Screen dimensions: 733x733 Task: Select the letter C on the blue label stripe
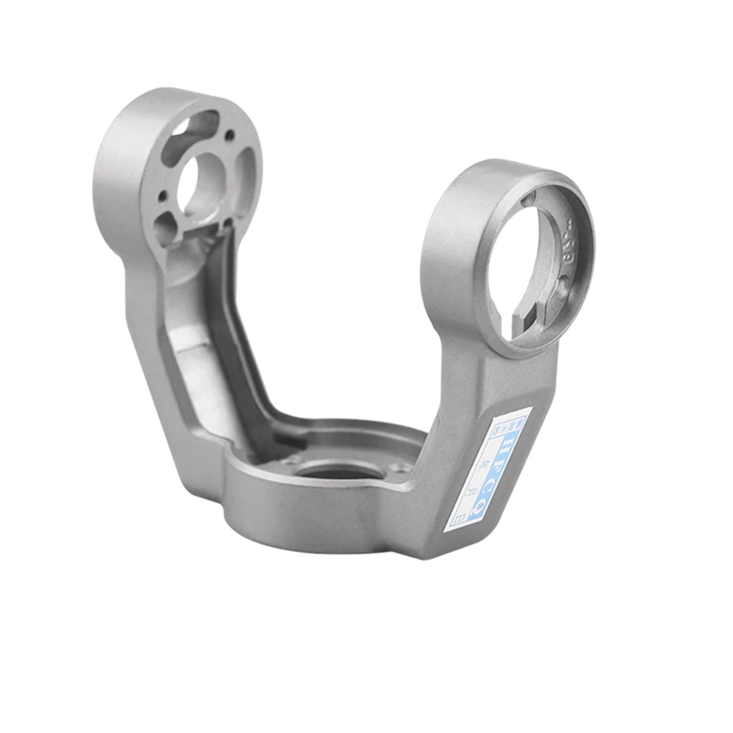(x=495, y=476)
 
